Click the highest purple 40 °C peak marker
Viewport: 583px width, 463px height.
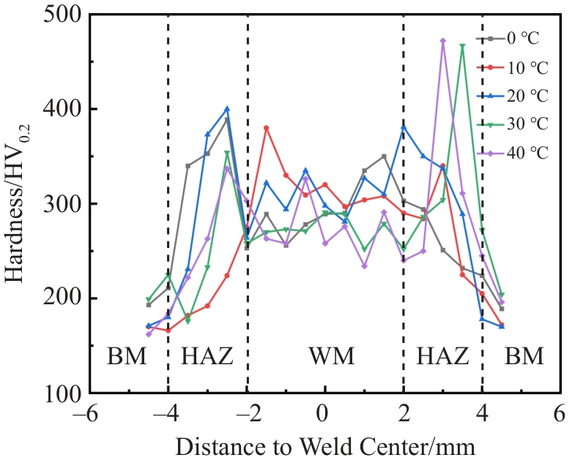pyautogui.click(x=443, y=41)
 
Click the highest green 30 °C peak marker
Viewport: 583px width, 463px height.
pyautogui.click(x=463, y=46)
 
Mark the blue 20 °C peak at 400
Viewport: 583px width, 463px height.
pyautogui.click(x=227, y=109)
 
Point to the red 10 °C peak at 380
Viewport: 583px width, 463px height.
pyautogui.click(x=267, y=127)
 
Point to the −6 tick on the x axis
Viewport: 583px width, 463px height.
pyautogui.click(x=89, y=414)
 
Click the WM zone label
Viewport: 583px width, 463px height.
pyautogui.click(x=331, y=357)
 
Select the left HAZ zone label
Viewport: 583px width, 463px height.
pyautogui.click(x=207, y=357)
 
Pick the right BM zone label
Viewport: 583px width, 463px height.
pyautogui.click(x=524, y=357)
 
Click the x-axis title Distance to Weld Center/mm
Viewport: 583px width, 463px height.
pyautogui.click(x=325, y=445)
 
